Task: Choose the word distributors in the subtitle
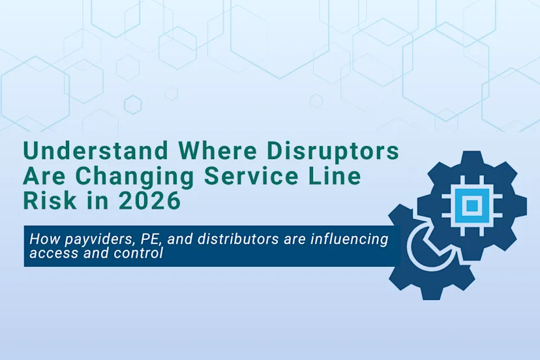[215, 239]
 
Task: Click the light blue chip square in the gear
[473, 205]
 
